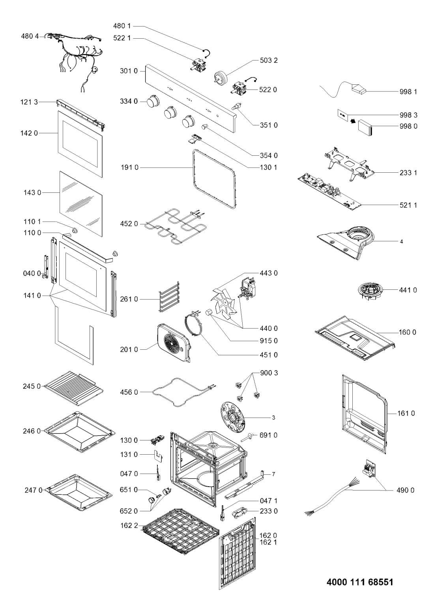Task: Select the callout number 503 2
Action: pyautogui.click(x=269, y=60)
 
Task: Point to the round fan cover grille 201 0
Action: pyautogui.click(x=174, y=343)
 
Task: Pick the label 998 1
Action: pyautogui.click(x=408, y=92)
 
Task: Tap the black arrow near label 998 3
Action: pyautogui.click(x=353, y=121)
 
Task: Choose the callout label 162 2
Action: pyautogui.click(x=129, y=526)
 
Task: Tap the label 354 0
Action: pyautogui.click(x=269, y=155)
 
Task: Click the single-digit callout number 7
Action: pyautogui.click(x=273, y=474)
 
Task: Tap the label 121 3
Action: pyautogui.click(x=29, y=102)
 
